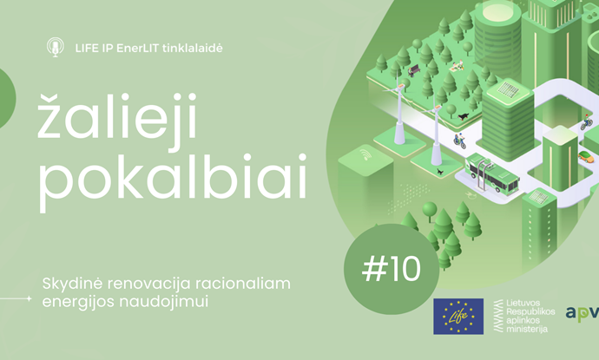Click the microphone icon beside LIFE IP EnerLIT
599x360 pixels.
coord(56,48)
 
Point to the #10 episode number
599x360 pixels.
coord(391,269)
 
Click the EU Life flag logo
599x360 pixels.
coord(458,317)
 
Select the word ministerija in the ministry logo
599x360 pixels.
coord(527,329)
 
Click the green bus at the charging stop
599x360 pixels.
coord(492,173)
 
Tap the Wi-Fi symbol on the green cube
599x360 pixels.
coord(365,155)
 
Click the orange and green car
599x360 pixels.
coord(586,156)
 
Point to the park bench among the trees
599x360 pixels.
coord(414,70)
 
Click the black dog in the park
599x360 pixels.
coord(464,115)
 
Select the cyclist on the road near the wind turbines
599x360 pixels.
coord(459,141)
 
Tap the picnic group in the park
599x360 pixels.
coord(457,66)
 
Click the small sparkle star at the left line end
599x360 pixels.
coord(29,298)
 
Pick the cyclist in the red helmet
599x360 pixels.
coord(586,122)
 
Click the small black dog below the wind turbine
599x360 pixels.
coord(440,172)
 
